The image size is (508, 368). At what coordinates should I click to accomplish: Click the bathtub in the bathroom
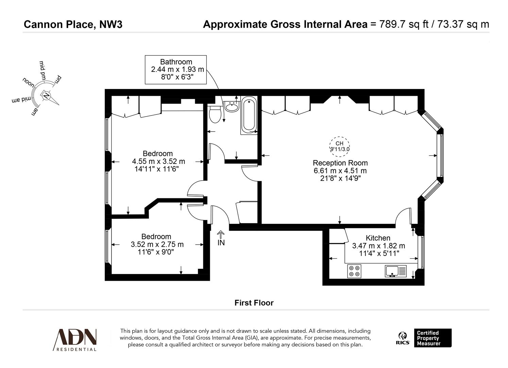[249, 115]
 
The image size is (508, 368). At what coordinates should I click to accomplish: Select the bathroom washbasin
[232, 107]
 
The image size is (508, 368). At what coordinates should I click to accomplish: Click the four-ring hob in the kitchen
[354, 271]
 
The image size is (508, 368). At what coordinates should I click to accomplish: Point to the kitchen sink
[395, 271]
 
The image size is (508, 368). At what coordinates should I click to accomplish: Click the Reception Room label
[340, 163]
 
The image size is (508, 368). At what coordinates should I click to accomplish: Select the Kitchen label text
[378, 238]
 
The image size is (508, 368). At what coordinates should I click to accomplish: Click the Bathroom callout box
[176, 70]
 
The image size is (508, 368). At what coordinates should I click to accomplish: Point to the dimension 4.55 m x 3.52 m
[158, 161]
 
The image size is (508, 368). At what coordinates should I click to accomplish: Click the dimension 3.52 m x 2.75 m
[157, 244]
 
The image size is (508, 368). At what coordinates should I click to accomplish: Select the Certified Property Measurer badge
[433, 338]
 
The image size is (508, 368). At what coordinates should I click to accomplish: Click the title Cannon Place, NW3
[73, 25]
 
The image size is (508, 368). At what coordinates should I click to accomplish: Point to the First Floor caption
[254, 303]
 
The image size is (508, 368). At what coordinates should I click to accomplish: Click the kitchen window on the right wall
[422, 252]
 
